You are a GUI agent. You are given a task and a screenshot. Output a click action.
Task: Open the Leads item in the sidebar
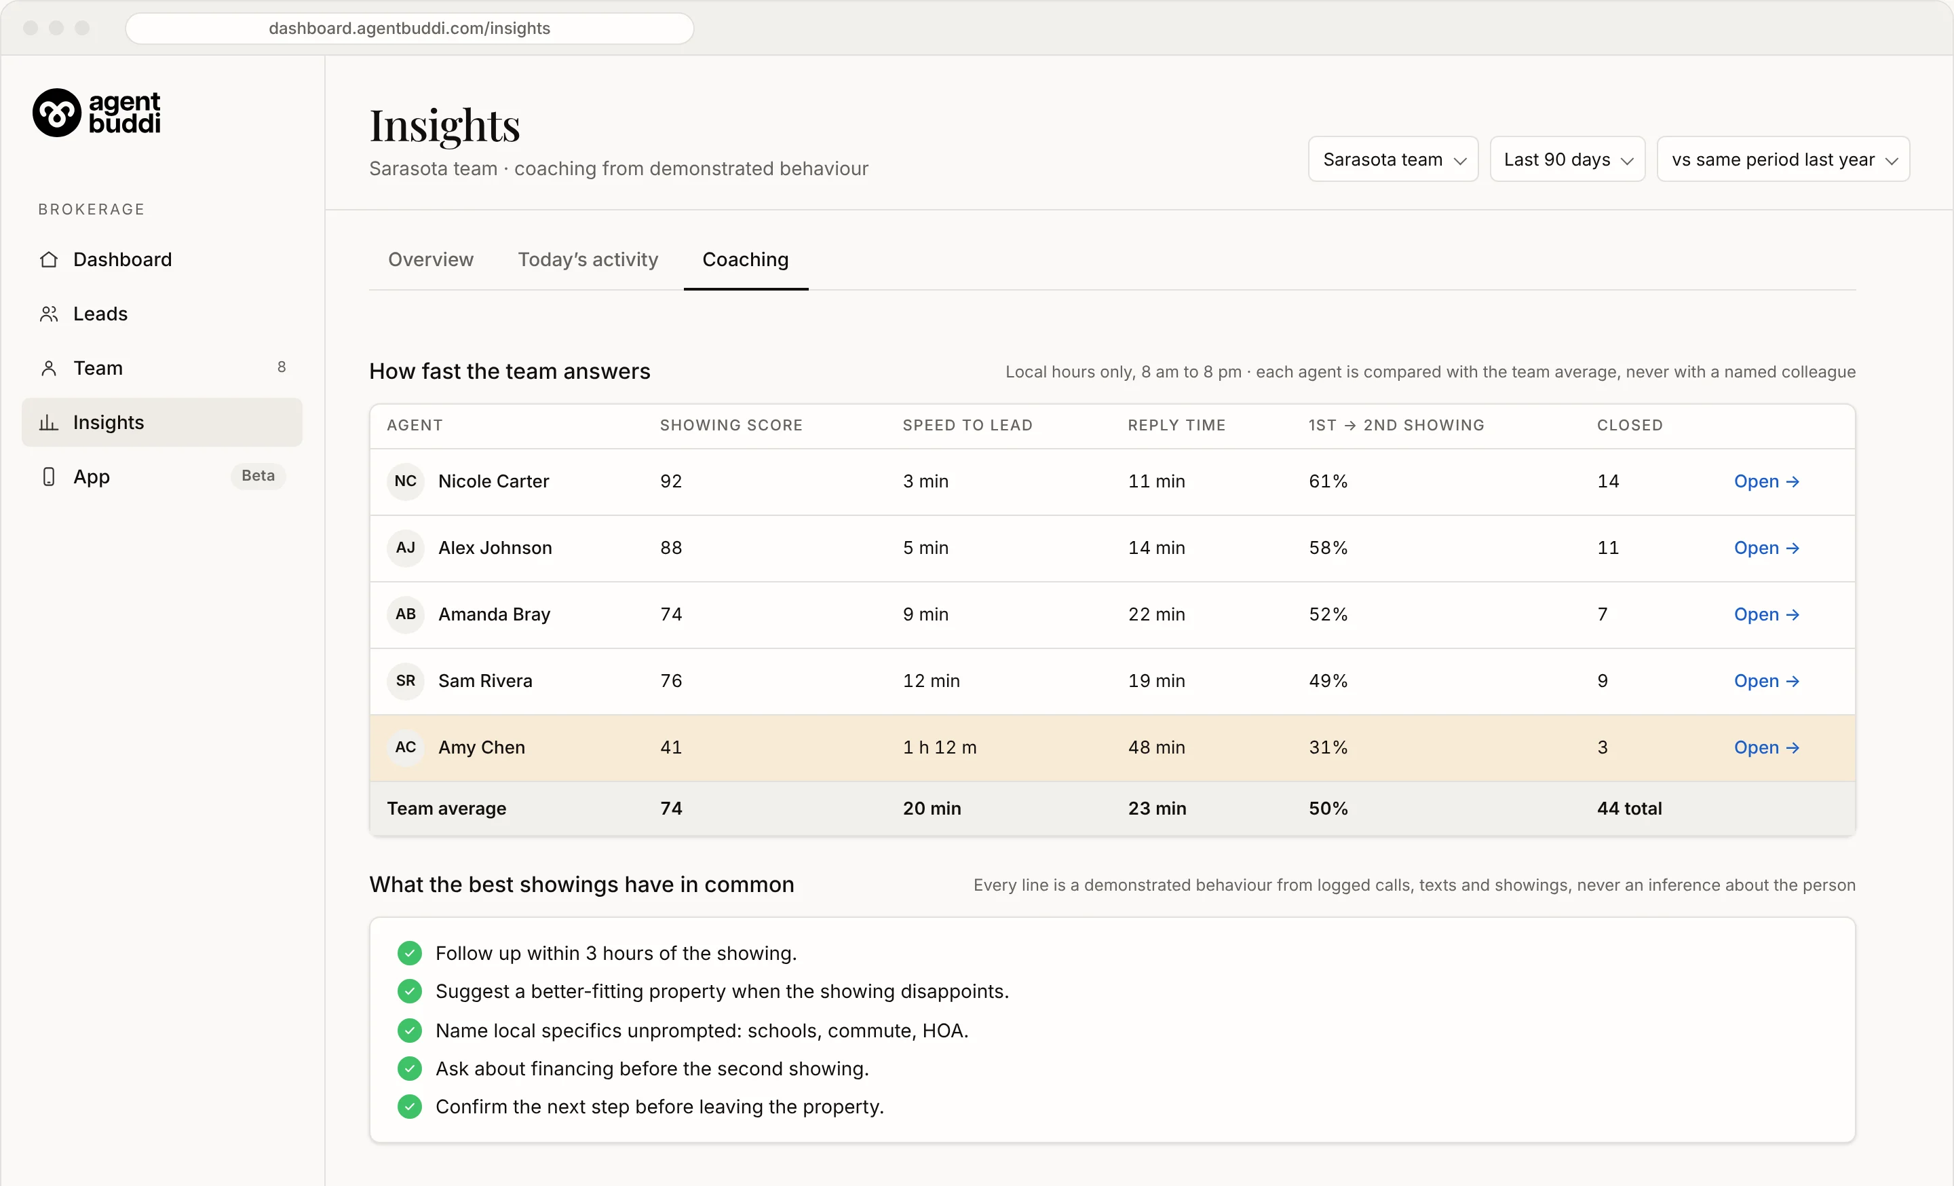[x=100, y=314]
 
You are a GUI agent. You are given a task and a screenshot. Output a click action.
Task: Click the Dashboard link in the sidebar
[x=122, y=259]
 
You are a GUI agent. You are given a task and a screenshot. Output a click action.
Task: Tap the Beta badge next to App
[x=258, y=476]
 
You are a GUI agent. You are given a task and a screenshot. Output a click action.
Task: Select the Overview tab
[x=431, y=259]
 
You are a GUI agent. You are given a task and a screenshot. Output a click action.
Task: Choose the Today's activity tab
[x=588, y=259]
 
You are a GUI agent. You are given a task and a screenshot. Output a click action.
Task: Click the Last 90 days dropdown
[x=1567, y=160]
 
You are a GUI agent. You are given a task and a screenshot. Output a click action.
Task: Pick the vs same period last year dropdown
[x=1783, y=160]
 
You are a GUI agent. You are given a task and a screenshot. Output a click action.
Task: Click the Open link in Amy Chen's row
[x=1766, y=747]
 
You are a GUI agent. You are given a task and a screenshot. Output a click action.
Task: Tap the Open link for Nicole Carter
[x=1766, y=481]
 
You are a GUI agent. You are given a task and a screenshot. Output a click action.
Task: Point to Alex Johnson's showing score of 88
[x=671, y=548]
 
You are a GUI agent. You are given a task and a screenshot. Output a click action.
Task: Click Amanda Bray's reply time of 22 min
[x=1156, y=615]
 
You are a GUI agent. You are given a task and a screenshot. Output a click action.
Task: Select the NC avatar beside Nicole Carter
[x=405, y=481]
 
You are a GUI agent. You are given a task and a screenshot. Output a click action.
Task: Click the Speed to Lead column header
[x=968, y=425]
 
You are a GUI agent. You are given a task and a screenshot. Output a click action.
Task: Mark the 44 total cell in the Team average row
[x=1629, y=809]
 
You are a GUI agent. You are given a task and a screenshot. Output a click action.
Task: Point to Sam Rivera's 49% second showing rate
[x=1328, y=682]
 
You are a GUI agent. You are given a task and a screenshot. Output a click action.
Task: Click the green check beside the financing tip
[x=409, y=1069]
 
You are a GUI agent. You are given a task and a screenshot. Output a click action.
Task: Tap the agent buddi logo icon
[x=56, y=113]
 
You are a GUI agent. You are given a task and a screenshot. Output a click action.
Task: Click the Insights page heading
[x=445, y=126]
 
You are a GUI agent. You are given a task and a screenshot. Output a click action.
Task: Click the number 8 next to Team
[x=282, y=367]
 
